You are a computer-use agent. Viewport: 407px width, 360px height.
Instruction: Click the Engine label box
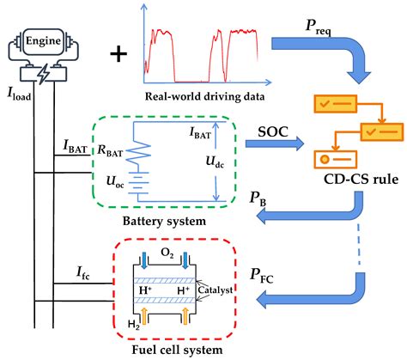coord(42,40)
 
